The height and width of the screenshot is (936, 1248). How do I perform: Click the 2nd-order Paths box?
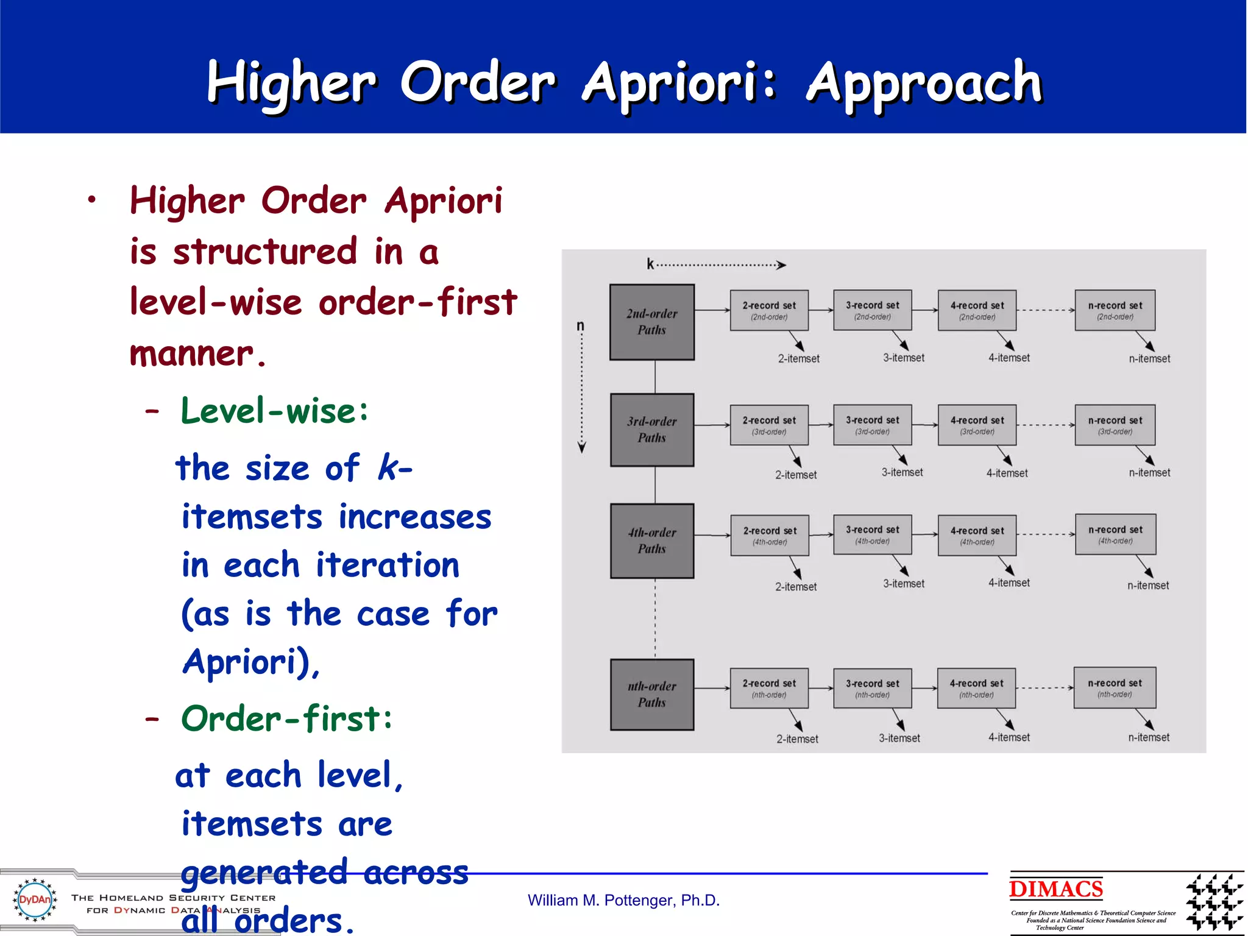pyautogui.click(x=651, y=322)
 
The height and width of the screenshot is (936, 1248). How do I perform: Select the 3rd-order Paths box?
pyautogui.click(x=651, y=430)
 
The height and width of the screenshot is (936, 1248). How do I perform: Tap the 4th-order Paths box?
pyautogui.click(x=651, y=541)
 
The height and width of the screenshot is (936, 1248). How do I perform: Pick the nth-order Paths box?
pyautogui.click(x=651, y=694)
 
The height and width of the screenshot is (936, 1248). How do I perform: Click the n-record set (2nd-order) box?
pyautogui.click(x=1115, y=310)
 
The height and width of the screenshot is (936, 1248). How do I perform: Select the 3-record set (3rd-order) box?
pyautogui.click(x=872, y=425)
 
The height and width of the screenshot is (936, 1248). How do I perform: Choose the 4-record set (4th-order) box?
pyautogui.click(x=977, y=535)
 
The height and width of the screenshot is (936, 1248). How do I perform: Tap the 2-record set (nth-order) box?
pyautogui.click(x=769, y=688)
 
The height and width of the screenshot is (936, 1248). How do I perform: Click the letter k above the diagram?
pyautogui.click(x=650, y=264)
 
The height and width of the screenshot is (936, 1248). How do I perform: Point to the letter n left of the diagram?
pyautogui.click(x=580, y=326)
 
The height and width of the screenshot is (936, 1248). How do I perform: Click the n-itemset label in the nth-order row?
pyautogui.click(x=1149, y=737)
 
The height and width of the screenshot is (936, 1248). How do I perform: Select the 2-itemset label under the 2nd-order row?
pyautogui.click(x=798, y=359)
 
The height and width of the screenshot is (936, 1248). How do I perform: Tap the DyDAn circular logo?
pyautogui.click(x=35, y=899)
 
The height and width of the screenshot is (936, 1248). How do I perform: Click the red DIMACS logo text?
pyautogui.click(x=1055, y=889)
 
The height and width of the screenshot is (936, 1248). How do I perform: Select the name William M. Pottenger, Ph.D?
pyautogui.click(x=623, y=900)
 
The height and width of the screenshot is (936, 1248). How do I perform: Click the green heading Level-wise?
pyautogui.click(x=275, y=411)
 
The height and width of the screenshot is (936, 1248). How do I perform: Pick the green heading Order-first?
pyautogui.click(x=286, y=718)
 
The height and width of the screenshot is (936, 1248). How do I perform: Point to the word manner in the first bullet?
pyautogui.click(x=191, y=353)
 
